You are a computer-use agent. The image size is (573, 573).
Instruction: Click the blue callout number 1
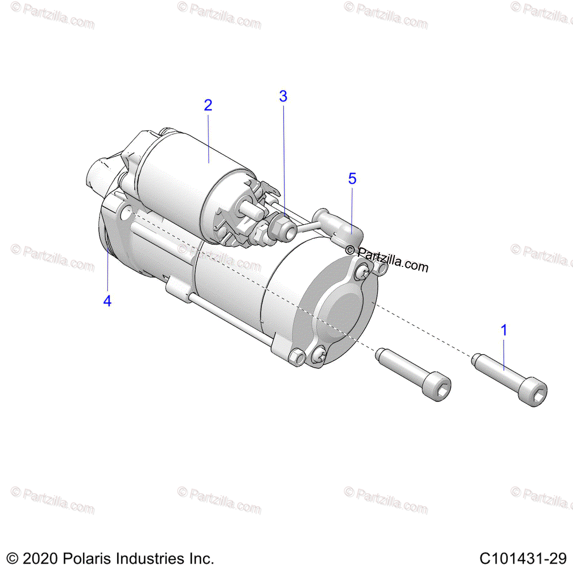click(x=504, y=330)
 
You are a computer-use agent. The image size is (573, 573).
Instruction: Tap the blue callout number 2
click(x=208, y=105)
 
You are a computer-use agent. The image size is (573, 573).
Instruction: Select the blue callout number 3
click(x=283, y=96)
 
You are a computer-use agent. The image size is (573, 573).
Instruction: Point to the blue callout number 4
click(x=107, y=301)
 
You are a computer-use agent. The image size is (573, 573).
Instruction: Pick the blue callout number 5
click(x=352, y=179)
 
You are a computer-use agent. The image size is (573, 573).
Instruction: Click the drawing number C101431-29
click(x=523, y=558)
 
